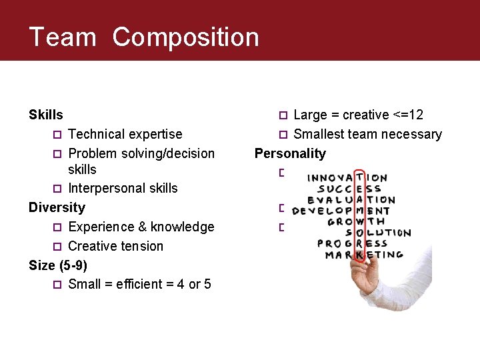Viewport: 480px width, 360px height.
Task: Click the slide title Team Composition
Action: click(x=144, y=37)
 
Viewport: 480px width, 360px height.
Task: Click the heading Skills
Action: click(x=46, y=115)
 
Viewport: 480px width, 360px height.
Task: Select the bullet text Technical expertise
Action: click(x=125, y=135)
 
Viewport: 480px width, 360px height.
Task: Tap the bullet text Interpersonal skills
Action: click(x=123, y=189)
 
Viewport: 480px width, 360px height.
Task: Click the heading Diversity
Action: click(x=57, y=207)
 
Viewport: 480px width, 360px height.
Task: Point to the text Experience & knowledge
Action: click(x=141, y=227)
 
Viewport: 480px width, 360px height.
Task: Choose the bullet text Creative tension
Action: click(x=115, y=246)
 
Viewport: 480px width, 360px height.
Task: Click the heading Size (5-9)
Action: click(x=58, y=265)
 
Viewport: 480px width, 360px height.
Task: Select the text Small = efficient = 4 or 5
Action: click(x=139, y=285)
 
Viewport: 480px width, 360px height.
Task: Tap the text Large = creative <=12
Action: click(x=358, y=115)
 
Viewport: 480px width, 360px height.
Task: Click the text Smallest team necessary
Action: click(x=367, y=135)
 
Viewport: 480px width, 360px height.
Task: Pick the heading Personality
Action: click(x=290, y=154)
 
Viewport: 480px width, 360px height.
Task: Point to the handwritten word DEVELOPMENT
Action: click(x=341, y=211)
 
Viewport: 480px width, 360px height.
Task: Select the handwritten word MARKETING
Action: click(x=363, y=255)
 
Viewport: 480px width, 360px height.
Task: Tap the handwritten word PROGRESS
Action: click(x=352, y=243)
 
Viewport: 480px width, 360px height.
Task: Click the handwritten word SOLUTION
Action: click(x=378, y=233)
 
